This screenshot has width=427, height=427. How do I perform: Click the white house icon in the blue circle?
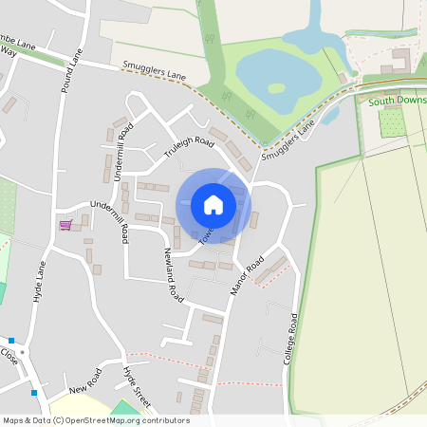(x=213, y=204)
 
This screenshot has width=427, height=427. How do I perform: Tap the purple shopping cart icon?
(x=65, y=225)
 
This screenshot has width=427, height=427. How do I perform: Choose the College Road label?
(x=290, y=342)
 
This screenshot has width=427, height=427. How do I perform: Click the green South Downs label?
(x=398, y=100)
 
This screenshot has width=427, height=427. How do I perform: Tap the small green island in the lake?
(x=275, y=88)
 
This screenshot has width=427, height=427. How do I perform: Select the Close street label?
(x=9, y=357)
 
